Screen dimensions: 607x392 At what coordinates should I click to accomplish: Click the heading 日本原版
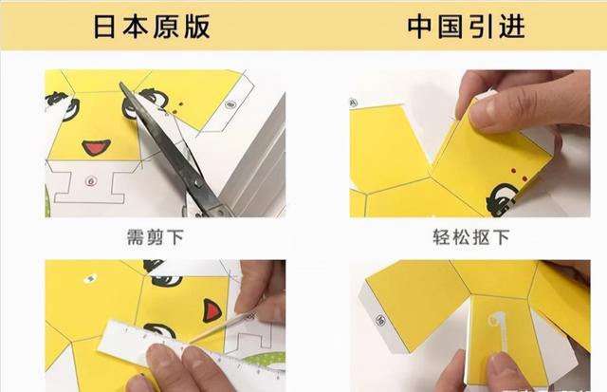pos(152,27)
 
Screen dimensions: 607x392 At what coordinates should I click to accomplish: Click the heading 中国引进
pos(466,27)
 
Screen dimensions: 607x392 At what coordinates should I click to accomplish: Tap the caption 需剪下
pos(156,237)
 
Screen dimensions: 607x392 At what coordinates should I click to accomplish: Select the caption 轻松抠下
pos(470,237)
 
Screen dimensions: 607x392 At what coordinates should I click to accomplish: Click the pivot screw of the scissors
pos(198,183)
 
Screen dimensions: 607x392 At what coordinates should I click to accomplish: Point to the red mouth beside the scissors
pos(96,147)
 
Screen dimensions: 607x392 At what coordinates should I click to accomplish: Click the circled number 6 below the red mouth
pos(91,180)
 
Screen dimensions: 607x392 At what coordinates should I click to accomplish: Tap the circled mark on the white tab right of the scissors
pos(230,104)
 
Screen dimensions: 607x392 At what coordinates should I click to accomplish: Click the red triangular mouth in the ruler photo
pos(212,310)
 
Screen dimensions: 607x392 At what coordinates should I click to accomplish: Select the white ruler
pos(190,348)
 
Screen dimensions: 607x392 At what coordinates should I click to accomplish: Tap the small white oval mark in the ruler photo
pos(91,278)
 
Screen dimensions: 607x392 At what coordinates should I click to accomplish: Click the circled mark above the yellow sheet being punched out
pos(353,103)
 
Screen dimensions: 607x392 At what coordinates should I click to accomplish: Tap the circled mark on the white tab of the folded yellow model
pos(381,320)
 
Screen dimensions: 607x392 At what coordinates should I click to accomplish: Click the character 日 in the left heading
pos(104,27)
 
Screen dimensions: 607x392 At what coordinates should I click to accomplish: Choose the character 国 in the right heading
pos(451,27)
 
